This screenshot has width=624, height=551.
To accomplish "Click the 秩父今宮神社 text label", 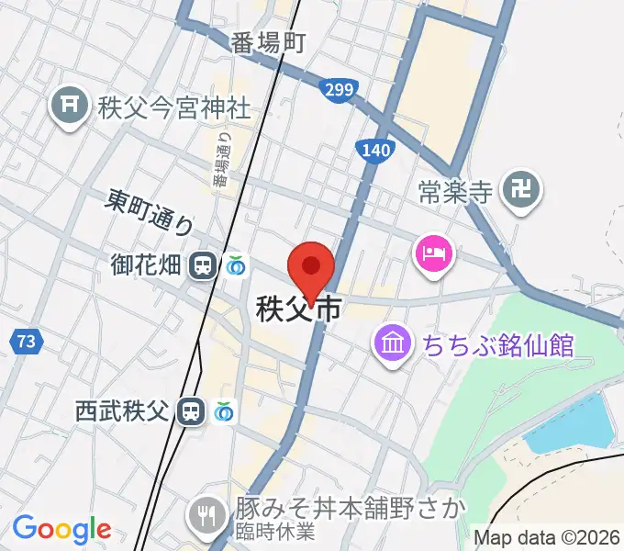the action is (172, 108).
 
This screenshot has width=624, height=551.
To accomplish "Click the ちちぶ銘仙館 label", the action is (497, 346).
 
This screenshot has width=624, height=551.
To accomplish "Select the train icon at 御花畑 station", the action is (203, 266).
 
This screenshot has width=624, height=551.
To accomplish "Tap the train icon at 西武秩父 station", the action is (191, 410).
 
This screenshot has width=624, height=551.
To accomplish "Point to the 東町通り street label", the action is (150, 211).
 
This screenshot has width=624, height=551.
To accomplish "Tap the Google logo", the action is (61, 529).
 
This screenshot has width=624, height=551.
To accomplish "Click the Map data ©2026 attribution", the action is (548, 537).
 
